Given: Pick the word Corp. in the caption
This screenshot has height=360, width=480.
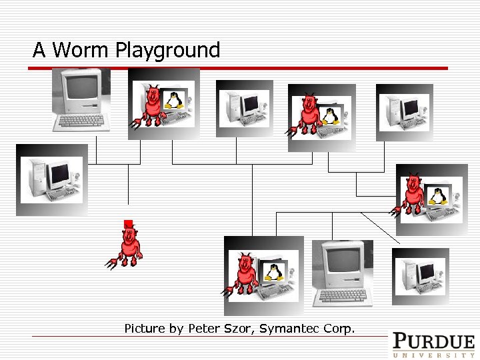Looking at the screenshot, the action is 339,328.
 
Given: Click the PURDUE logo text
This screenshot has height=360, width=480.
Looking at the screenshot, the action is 433,341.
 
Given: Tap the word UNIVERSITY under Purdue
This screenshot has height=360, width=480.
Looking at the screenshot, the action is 433,355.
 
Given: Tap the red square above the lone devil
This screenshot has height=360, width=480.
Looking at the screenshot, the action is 127,223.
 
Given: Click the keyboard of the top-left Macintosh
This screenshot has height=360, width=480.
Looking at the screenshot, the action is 81,121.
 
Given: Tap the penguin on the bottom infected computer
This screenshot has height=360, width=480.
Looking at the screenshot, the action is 271,271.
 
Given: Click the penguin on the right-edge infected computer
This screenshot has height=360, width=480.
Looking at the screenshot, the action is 437,196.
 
